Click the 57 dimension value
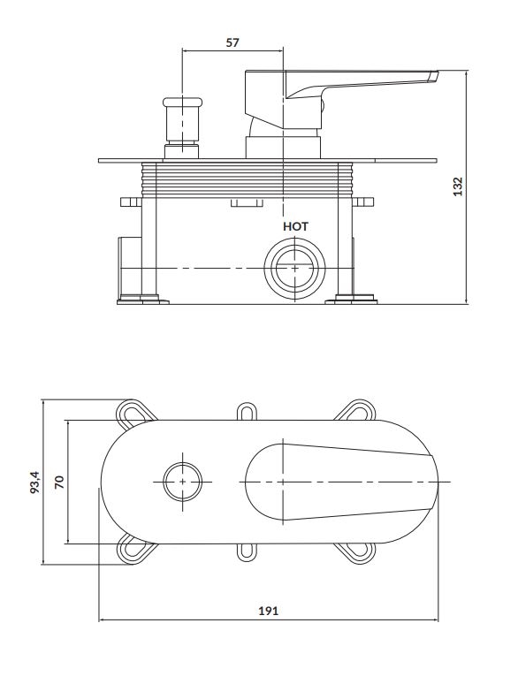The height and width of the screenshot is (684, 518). pyautogui.click(x=232, y=42)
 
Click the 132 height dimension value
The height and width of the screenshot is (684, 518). pyautogui.click(x=457, y=186)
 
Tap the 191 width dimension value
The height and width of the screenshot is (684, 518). pyautogui.click(x=269, y=612)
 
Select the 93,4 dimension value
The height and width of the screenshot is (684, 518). pyautogui.click(x=34, y=482)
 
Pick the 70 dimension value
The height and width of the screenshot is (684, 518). pyautogui.click(x=59, y=482)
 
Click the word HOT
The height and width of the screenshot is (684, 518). pyautogui.click(x=295, y=226)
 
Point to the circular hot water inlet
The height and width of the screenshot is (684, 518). pyautogui.click(x=295, y=269)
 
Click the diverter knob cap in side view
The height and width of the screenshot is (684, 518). pyautogui.click(x=182, y=103)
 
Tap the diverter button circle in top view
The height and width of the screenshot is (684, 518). pyautogui.click(x=182, y=482)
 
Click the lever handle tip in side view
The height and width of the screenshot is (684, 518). pyautogui.click(x=432, y=76)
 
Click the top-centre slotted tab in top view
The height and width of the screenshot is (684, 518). pyautogui.click(x=246, y=412)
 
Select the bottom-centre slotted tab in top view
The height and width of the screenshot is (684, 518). pyautogui.click(x=246, y=552)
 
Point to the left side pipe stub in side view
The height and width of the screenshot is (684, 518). pyautogui.click(x=130, y=268)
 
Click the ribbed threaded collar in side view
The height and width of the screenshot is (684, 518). pyautogui.click(x=247, y=179)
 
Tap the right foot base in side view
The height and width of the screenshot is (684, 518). pyautogui.click(x=351, y=300)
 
